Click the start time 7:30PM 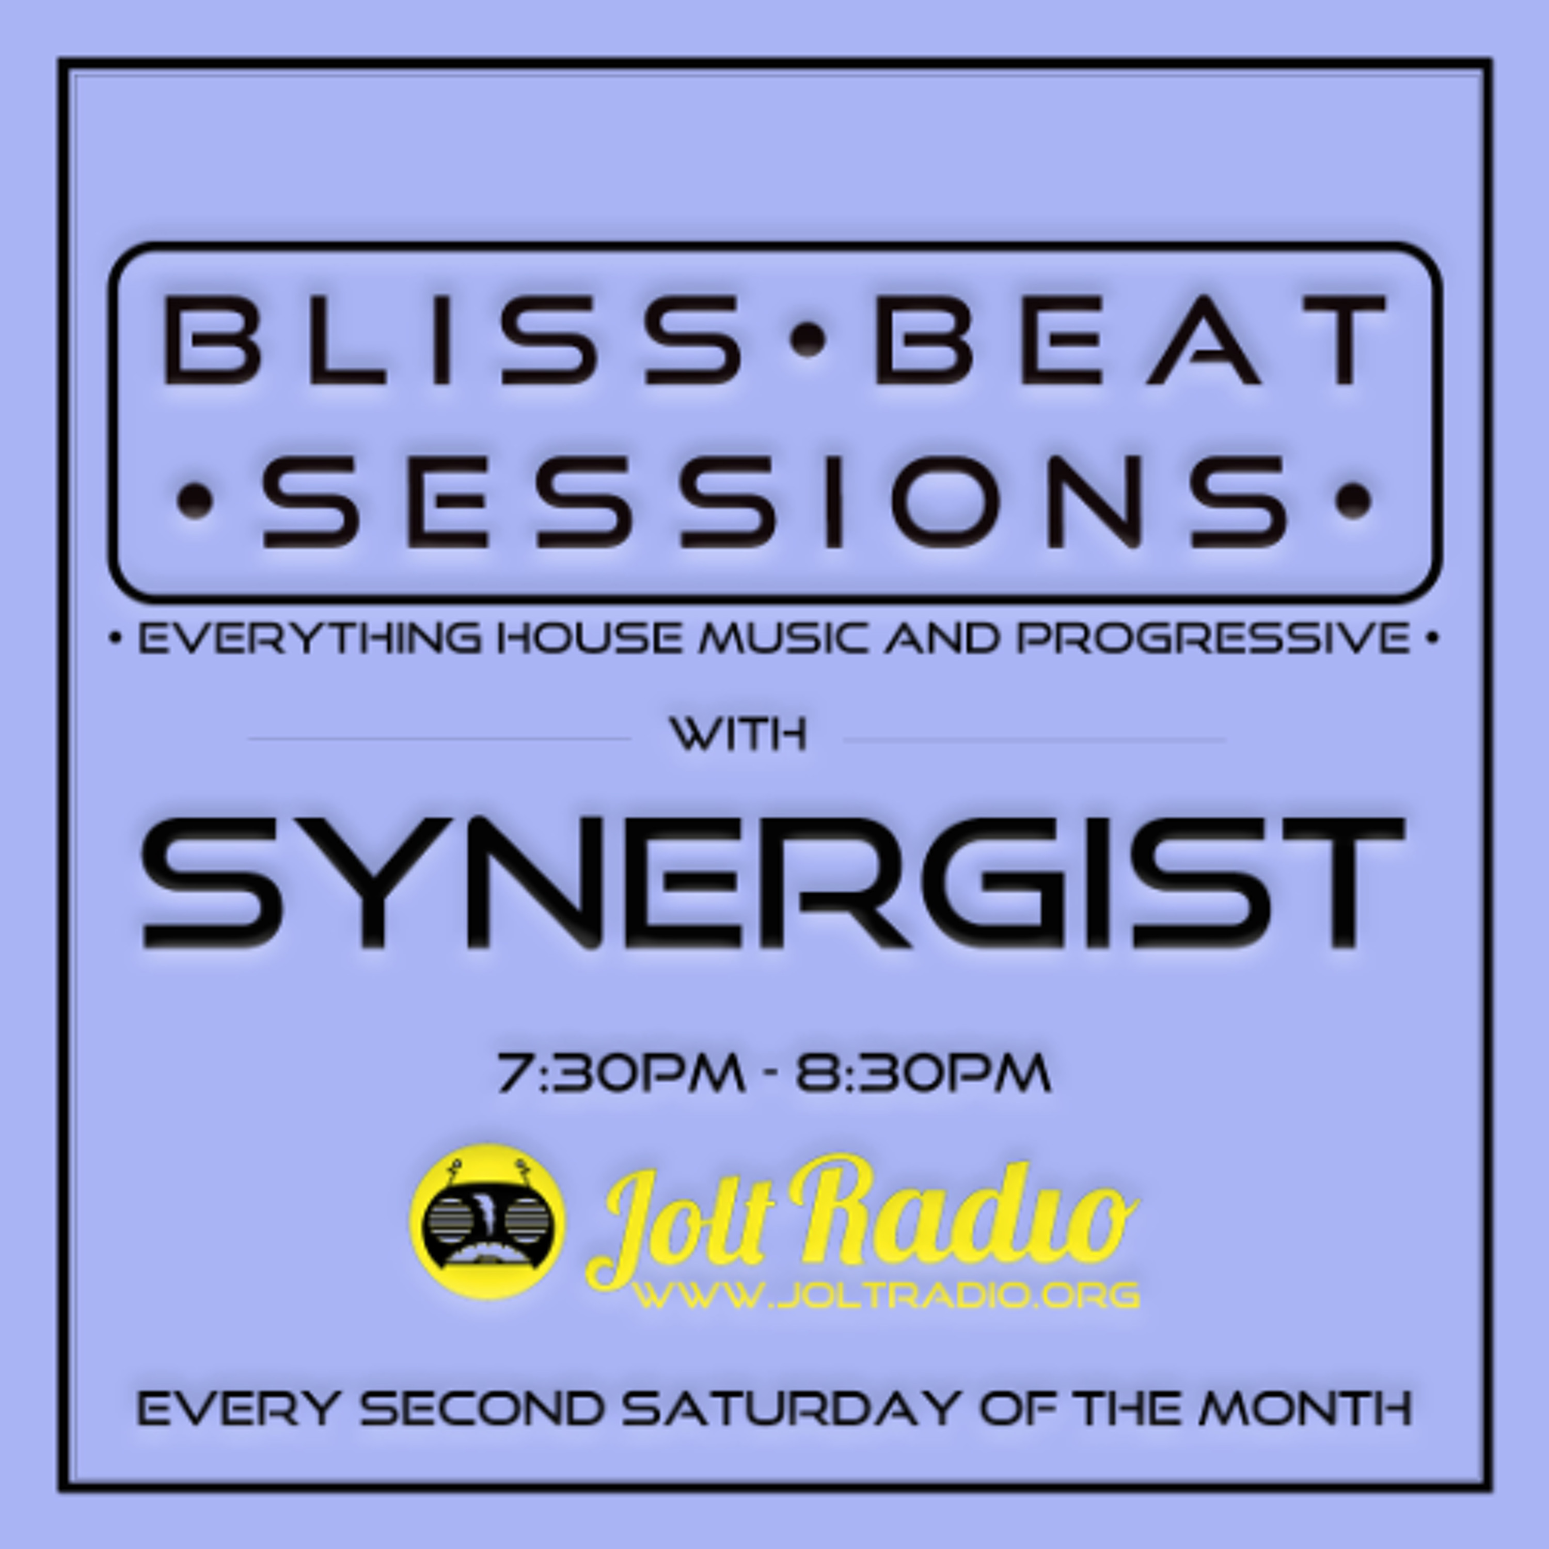(x=621, y=1073)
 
